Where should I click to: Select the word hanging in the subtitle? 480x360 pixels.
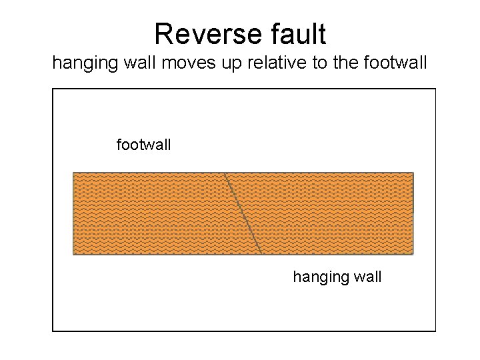[x=79, y=65]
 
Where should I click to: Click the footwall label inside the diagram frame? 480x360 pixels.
[x=143, y=143]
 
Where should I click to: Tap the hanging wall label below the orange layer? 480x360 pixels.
[x=337, y=276]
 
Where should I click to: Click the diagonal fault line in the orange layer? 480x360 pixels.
[x=243, y=213]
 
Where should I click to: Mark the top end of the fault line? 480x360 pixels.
[x=225, y=173]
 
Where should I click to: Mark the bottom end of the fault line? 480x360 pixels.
[x=261, y=254]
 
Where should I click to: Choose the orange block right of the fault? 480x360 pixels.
[x=333, y=213]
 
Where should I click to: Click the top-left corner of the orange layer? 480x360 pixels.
[x=73, y=173]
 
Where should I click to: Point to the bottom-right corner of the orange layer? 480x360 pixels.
[x=413, y=253]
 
